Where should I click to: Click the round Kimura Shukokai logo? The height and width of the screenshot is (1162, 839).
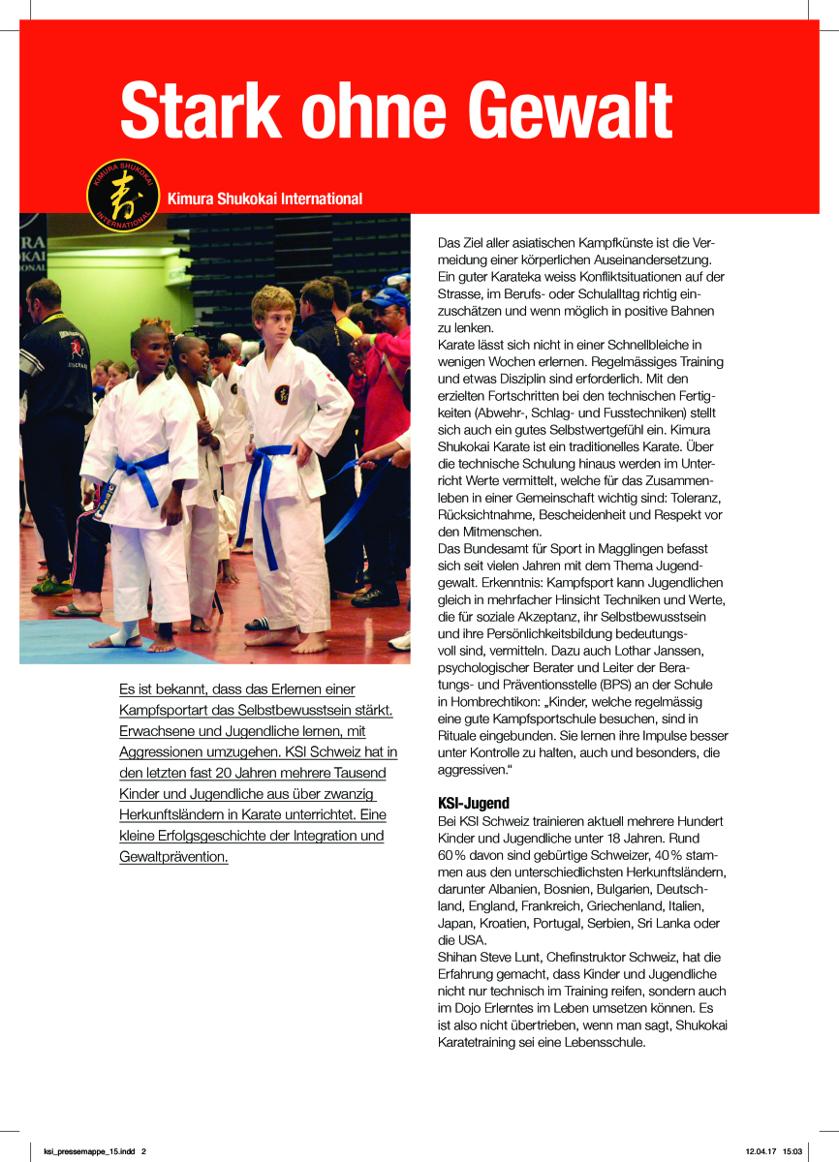[x=123, y=195]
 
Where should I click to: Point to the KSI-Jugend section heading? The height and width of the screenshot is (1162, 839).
[x=474, y=803]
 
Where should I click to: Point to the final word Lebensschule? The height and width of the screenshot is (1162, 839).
[x=598, y=1043]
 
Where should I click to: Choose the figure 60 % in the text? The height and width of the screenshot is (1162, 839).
[x=453, y=855]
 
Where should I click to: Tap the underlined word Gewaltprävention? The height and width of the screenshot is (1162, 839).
[x=174, y=857]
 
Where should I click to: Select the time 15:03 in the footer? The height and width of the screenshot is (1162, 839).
[x=792, y=1151]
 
